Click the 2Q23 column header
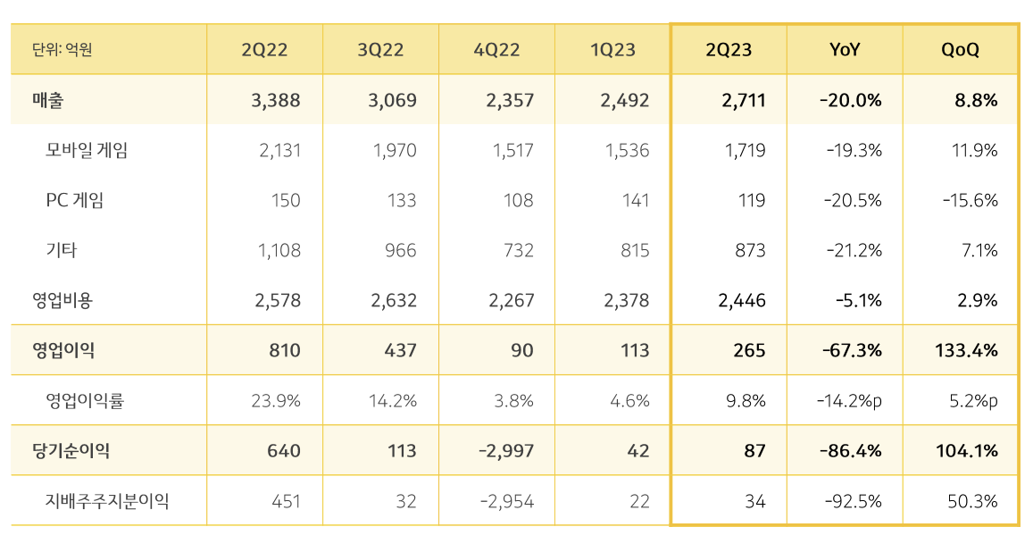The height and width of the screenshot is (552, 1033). tap(729, 50)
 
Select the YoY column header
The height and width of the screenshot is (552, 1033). tap(844, 50)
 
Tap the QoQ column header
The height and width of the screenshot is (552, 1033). tap(960, 50)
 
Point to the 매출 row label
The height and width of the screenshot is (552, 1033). tap(48, 100)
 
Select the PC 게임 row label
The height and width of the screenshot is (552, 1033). tap(74, 200)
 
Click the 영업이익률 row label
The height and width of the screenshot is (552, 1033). tap(84, 401)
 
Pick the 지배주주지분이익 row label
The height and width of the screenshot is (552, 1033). tap(107, 501)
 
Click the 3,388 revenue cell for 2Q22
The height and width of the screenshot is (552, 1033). tap(276, 100)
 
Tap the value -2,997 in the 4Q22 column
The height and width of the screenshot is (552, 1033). tap(506, 451)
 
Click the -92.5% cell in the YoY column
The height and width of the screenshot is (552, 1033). tap(852, 501)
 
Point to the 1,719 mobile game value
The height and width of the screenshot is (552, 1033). tap(746, 150)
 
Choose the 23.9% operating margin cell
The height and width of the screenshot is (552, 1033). tap(276, 401)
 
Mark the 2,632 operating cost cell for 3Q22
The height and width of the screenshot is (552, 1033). tap(394, 300)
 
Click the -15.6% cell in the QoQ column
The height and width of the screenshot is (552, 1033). tap(970, 200)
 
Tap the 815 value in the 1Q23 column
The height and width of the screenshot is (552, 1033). tap(635, 250)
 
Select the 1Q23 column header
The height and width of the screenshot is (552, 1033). tap(612, 50)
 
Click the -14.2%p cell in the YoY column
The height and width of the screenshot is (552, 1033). tap(849, 401)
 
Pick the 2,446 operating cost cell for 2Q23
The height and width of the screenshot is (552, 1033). tap(742, 300)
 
